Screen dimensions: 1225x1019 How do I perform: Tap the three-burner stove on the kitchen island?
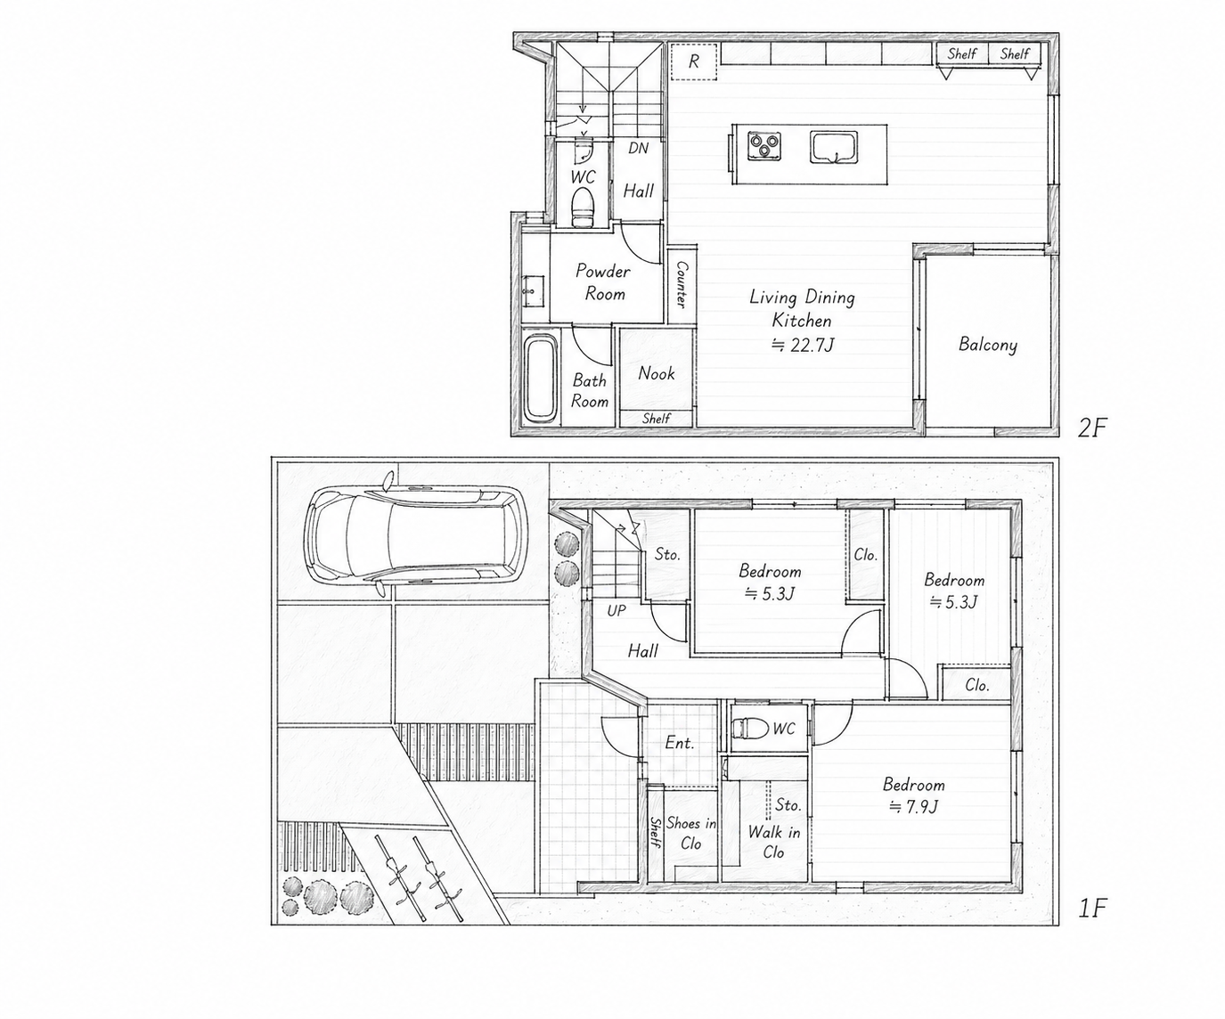pyautogui.click(x=764, y=145)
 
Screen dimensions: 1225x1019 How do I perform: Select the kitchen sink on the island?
pyautogui.click(x=834, y=147)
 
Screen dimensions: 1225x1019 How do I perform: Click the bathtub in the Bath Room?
pyautogui.click(x=540, y=379)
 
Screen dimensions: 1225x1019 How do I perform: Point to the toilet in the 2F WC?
pyautogui.click(x=584, y=208)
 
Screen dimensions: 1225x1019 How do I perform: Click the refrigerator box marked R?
pyautogui.click(x=694, y=61)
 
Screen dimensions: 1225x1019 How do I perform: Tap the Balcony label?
pyautogui.click(x=987, y=345)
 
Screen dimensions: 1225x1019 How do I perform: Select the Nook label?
pyautogui.click(x=657, y=373)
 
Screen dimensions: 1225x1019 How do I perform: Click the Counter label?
pyautogui.click(x=682, y=284)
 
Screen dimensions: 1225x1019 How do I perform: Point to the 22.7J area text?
pyautogui.click(x=803, y=345)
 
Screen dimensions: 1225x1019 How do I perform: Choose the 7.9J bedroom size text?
pyautogui.click(x=913, y=807)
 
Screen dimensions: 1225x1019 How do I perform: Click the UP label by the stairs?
pyautogui.click(x=616, y=611)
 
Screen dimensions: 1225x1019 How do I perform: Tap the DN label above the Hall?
pyautogui.click(x=638, y=149)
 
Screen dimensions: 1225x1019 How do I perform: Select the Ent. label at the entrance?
pyautogui.click(x=680, y=743)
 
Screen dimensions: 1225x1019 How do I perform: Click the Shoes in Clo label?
pyautogui.click(x=691, y=833)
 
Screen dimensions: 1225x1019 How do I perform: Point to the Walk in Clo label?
pyautogui.click(x=774, y=842)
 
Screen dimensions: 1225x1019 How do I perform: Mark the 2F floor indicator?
pyautogui.click(x=1092, y=428)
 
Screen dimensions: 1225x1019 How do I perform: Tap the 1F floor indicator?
pyautogui.click(x=1092, y=909)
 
